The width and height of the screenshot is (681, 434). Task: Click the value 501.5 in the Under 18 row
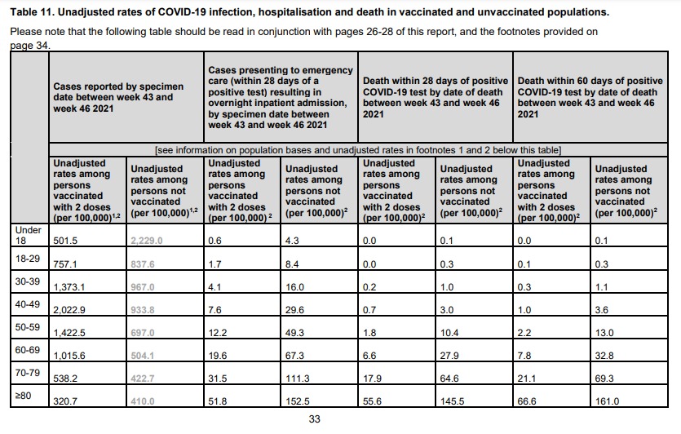point(65,241)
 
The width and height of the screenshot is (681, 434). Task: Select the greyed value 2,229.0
point(146,241)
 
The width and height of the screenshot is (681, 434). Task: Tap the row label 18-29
point(28,259)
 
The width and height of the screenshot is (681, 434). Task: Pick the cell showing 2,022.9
point(69,310)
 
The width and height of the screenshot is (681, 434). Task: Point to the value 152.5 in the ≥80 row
point(298,401)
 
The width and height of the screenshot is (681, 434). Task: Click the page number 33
point(315,419)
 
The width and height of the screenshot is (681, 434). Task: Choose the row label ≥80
point(23,396)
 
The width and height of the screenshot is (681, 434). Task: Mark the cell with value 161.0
point(607,401)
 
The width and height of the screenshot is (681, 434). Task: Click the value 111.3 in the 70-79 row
point(298,379)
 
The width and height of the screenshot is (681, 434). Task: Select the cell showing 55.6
point(372,401)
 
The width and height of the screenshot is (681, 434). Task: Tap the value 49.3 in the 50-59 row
point(295,333)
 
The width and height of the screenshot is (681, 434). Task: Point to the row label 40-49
point(28,304)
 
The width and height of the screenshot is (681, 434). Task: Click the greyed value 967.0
point(143,287)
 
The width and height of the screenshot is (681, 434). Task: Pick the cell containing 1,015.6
point(69,356)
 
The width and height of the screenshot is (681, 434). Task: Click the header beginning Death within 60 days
point(590,97)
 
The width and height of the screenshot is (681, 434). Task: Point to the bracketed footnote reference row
point(358,150)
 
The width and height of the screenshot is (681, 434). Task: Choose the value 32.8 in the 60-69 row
point(604,356)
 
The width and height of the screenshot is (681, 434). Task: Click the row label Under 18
point(29,235)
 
